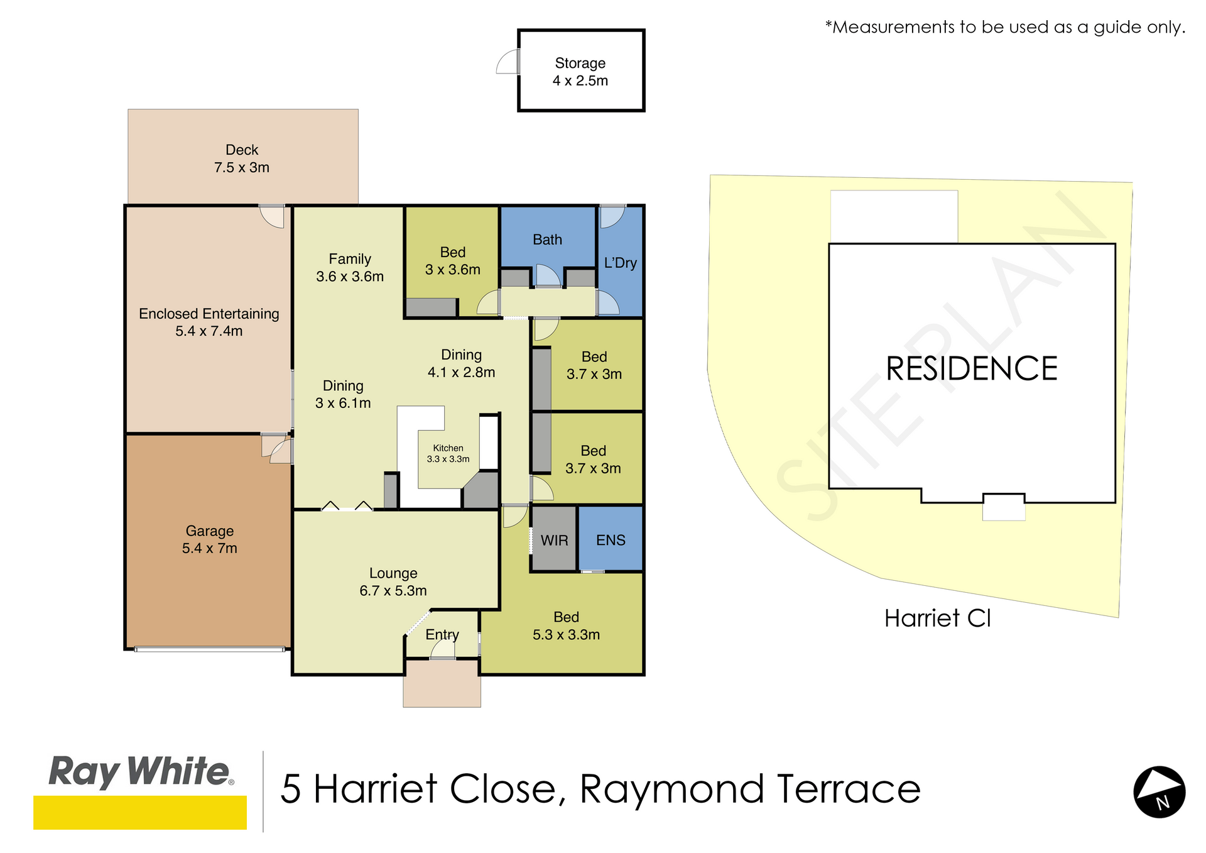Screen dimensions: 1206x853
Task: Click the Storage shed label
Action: (580, 72)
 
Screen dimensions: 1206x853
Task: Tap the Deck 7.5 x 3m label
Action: (242, 158)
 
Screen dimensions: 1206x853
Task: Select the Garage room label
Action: (210, 539)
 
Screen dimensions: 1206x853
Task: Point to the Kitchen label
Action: (448, 453)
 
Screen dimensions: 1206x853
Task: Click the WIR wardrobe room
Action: (554, 540)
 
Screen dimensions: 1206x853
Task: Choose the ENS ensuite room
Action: (611, 539)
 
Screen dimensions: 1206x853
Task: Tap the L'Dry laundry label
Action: (621, 263)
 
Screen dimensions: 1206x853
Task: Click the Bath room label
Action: (547, 239)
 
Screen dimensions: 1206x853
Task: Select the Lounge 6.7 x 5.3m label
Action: (393, 581)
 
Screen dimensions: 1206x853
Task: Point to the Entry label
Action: (442, 635)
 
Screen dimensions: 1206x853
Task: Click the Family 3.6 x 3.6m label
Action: (350, 267)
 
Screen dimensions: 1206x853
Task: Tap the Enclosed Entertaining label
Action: (209, 322)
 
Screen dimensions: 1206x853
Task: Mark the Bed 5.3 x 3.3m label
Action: (566, 625)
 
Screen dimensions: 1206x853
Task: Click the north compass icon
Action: (1159, 791)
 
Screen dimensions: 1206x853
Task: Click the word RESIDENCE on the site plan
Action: (972, 368)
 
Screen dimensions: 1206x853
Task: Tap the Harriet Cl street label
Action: (937, 618)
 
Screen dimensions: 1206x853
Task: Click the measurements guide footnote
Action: (1005, 27)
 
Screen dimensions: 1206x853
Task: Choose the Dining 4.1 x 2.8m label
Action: (461, 363)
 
